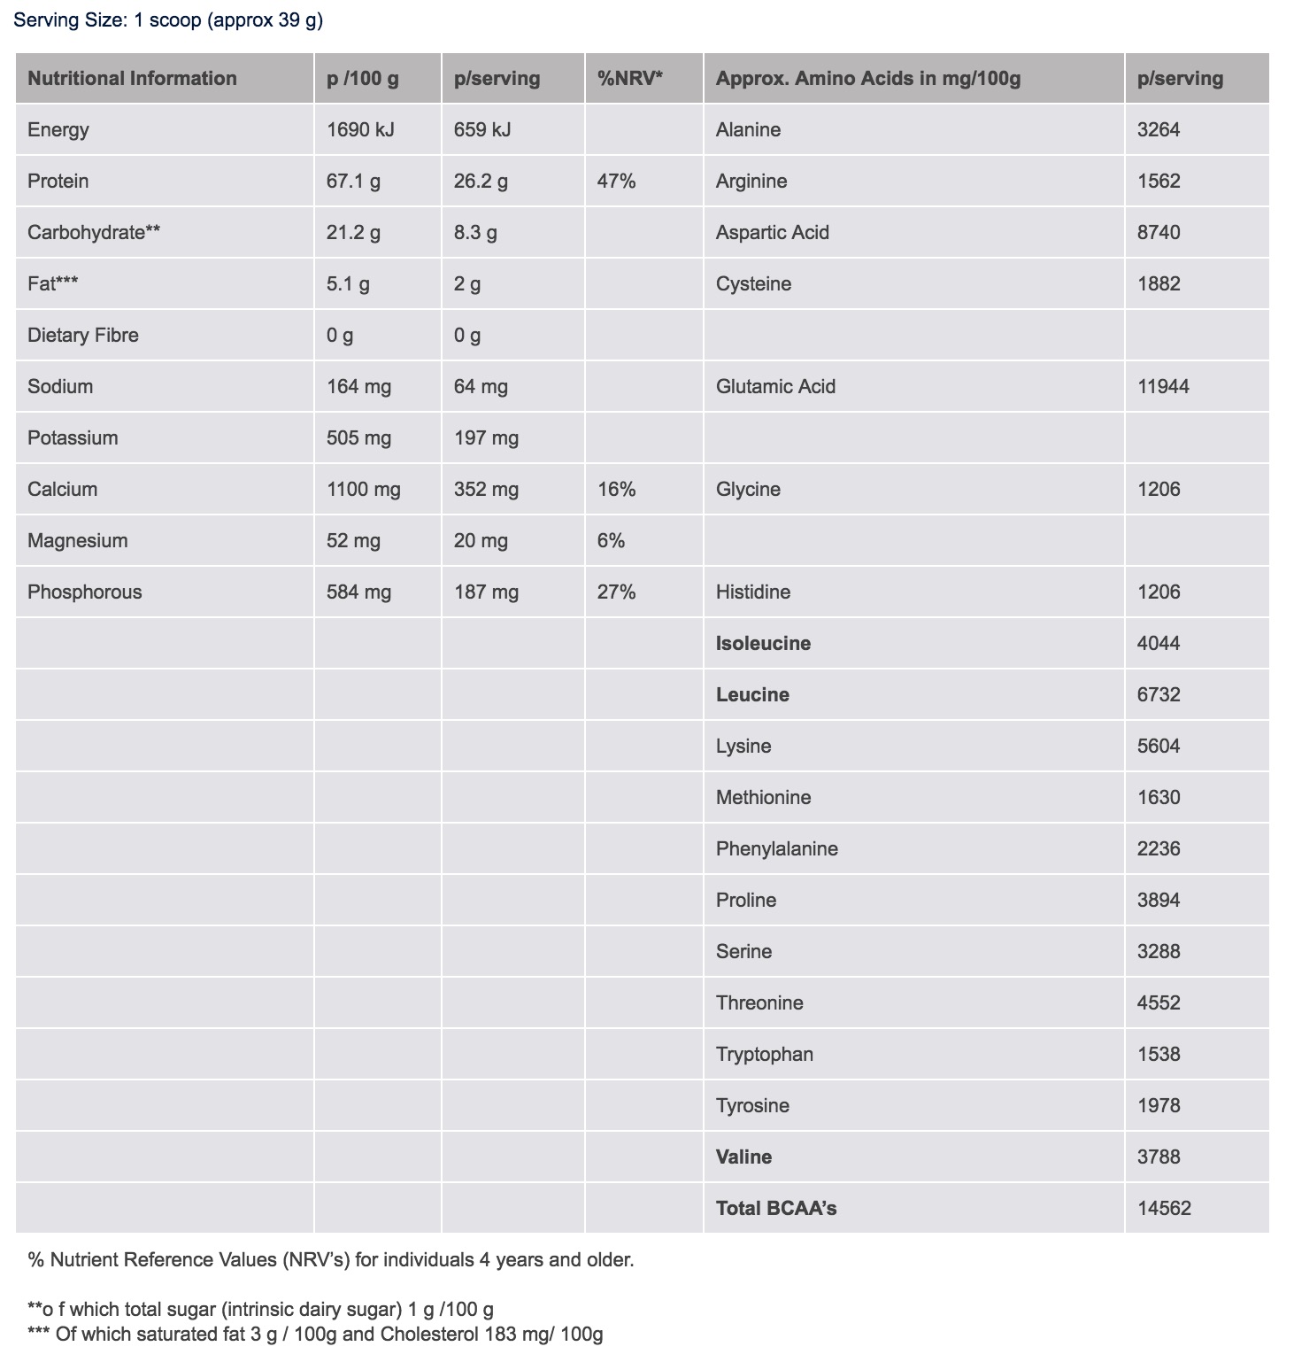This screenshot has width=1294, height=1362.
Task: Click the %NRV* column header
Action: [630, 79]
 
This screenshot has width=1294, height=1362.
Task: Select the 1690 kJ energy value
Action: [360, 130]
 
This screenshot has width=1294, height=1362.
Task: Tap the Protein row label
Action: [58, 182]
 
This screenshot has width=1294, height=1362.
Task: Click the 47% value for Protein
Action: [616, 182]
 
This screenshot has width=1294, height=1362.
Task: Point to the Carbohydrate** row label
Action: [94, 233]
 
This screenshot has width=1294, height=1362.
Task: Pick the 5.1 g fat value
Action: [348, 284]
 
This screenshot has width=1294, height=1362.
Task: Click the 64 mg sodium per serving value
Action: [481, 387]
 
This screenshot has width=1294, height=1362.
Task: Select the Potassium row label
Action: [73, 438]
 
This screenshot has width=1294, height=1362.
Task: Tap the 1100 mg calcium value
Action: [363, 490]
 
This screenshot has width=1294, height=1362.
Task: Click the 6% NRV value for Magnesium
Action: [611, 541]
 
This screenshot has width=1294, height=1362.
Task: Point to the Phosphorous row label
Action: [84, 592]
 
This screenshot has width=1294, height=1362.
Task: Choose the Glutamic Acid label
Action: [775, 387]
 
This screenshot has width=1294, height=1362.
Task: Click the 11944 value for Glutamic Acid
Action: [1163, 387]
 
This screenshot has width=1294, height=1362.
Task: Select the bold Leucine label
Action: [752, 695]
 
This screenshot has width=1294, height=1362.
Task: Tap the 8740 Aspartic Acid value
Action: [1159, 233]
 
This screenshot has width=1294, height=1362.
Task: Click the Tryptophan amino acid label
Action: [765, 1055]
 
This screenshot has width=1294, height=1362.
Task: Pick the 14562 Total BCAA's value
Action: [1164, 1209]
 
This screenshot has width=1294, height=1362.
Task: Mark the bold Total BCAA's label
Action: [776, 1209]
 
